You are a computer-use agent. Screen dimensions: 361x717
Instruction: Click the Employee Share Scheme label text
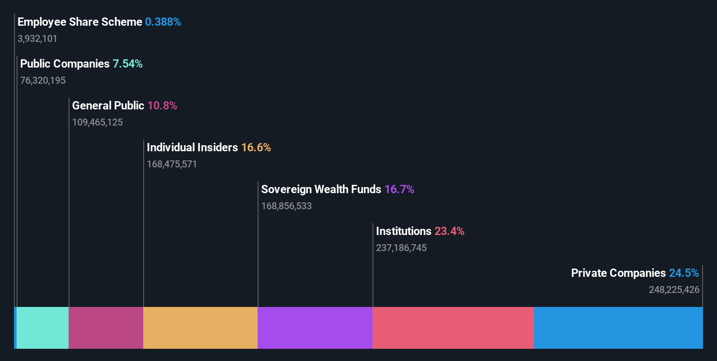tap(79, 22)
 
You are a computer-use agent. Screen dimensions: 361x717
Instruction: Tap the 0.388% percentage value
tap(163, 22)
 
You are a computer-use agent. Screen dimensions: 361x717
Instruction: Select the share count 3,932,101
tap(37, 38)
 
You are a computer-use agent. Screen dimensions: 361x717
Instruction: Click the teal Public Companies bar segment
tap(42, 328)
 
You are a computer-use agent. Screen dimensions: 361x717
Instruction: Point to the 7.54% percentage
tap(128, 64)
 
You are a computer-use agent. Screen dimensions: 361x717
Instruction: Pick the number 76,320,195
tap(43, 80)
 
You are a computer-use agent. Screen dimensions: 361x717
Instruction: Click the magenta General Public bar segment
tap(106, 328)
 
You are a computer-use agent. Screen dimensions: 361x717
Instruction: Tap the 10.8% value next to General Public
tap(162, 106)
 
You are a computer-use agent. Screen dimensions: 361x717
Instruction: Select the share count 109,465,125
tap(97, 122)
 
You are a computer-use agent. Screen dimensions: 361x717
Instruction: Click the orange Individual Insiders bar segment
tap(200, 328)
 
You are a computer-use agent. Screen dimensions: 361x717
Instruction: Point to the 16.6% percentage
tap(256, 147)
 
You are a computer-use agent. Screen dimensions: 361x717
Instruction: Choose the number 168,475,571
tap(172, 164)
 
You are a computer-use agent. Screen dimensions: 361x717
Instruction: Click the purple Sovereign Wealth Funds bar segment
tap(315, 328)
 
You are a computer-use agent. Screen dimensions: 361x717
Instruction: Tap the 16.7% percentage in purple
tap(399, 189)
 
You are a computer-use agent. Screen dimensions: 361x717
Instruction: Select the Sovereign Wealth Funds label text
tap(321, 189)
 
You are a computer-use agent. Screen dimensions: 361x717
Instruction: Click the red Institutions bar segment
tap(453, 328)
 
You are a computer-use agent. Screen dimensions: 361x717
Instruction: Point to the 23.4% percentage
tap(449, 231)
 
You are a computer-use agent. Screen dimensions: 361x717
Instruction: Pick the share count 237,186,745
tap(401, 248)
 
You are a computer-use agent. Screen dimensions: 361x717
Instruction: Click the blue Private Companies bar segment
tap(618, 328)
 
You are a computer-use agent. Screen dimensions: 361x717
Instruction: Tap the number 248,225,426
tap(674, 289)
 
